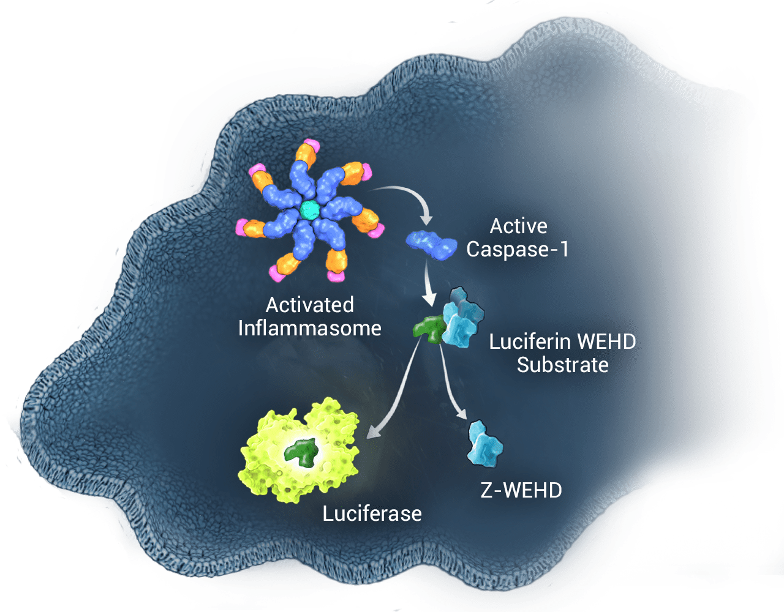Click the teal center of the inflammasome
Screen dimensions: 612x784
coord(310,210)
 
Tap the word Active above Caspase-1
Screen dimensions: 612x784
coord(518,226)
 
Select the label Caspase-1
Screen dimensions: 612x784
coord(518,250)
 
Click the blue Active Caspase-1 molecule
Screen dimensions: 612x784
coord(432,244)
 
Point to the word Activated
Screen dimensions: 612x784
coord(309,305)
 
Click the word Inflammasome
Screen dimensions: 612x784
coord(309,328)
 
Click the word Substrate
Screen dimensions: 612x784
coord(562,365)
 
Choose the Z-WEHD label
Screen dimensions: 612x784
coord(521,490)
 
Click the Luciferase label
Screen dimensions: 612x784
coord(372,513)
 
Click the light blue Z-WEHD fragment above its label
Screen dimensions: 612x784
coord(484,442)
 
